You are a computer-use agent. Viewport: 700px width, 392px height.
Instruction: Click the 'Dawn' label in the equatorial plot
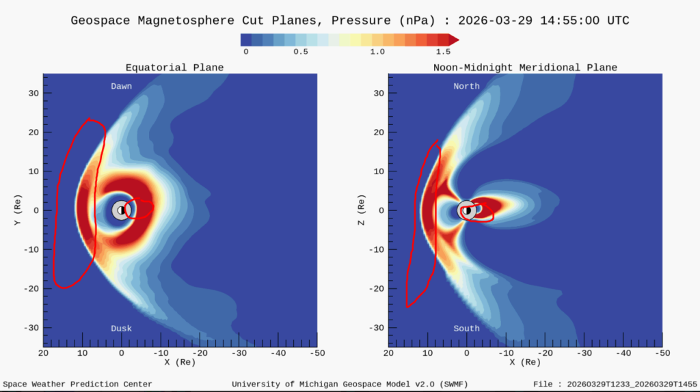pos(122,86)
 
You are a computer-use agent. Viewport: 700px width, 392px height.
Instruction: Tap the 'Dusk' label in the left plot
pos(122,328)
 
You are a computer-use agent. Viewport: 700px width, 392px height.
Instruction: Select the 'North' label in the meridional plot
pos(466,86)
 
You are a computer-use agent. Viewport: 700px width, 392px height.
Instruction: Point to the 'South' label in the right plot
pos(466,328)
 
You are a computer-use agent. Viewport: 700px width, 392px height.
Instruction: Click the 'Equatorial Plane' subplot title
pos(174,68)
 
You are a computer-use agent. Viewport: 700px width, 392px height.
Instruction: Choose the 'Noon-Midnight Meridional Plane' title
pos(525,68)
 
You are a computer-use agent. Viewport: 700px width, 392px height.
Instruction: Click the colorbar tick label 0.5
pos(301,52)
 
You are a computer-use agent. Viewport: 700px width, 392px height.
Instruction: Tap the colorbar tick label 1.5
pos(443,52)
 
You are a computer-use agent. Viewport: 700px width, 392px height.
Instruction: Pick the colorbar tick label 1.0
pos(377,52)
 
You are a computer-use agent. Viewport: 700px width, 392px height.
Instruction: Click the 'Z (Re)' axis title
pos(362,210)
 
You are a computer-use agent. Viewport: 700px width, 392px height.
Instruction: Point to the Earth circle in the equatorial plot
pos(121,210)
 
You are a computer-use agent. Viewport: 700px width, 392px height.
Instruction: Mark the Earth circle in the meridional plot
pos(466,210)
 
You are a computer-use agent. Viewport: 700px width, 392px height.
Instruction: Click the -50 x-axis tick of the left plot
pos(317,353)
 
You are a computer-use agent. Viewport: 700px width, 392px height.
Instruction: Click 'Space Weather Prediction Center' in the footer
pos(77,384)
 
